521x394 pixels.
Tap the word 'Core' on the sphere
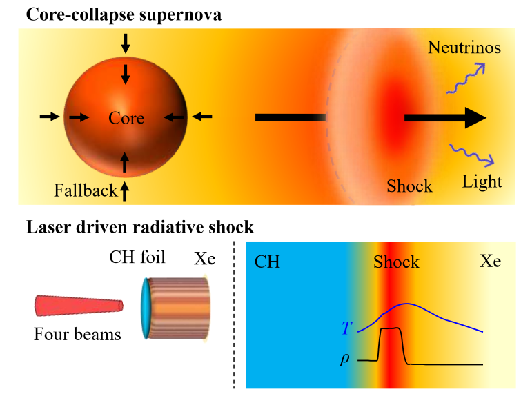click(x=126, y=118)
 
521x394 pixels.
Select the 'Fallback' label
click(x=86, y=191)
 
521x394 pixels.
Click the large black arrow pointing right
click(x=445, y=118)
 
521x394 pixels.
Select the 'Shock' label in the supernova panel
click(x=409, y=186)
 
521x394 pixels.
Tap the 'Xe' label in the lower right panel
click(x=491, y=262)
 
